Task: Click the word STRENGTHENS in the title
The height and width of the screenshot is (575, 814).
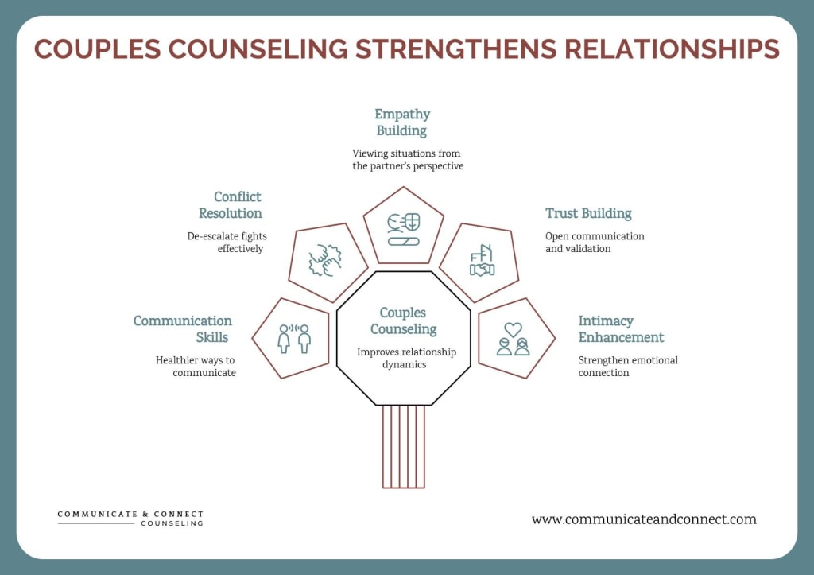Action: coord(453,49)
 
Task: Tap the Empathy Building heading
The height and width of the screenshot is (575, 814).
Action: coord(401,122)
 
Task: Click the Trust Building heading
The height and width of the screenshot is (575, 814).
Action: coord(588,213)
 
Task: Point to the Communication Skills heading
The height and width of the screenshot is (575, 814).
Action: coord(183,328)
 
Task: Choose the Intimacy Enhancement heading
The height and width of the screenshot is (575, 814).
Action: coord(621,328)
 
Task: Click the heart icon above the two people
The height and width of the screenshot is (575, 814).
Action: coord(513,328)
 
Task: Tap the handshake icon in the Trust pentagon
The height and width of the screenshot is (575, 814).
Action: coord(482,269)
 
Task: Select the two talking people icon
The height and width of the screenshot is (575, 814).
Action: coord(293,338)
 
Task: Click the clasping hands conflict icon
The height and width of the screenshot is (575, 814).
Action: coord(326,260)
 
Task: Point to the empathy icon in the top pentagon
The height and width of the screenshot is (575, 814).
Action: coord(403,229)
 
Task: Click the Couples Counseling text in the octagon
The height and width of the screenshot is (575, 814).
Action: coord(403,321)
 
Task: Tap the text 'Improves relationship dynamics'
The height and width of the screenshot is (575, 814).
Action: coord(403,358)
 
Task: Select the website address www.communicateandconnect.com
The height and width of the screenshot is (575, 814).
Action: coord(644,519)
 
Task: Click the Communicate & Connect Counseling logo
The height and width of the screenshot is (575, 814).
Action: coord(130,519)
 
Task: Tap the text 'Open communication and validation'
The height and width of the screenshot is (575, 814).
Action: coord(595,242)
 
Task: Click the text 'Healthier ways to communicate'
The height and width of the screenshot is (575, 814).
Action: coord(196,366)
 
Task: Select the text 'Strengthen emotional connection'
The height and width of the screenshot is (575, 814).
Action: coord(628,366)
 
